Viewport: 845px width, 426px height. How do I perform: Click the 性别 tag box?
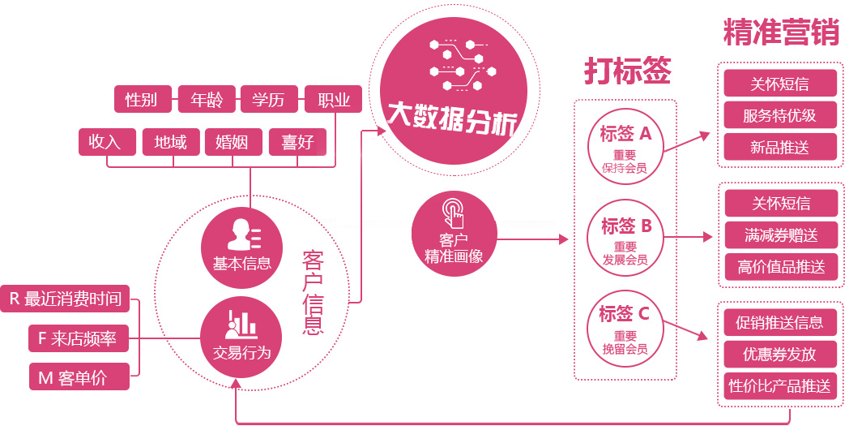142,100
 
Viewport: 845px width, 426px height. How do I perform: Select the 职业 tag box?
333,100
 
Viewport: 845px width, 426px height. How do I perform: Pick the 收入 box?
105,143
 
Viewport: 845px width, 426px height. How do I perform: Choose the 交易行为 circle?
241,337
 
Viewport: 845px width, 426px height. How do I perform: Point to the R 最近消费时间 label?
65,299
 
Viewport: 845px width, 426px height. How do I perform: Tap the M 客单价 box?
79,377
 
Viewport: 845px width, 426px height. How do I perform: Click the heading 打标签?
627,71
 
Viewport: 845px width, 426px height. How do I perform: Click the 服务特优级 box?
779,115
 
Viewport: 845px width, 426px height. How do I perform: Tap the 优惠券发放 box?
780,355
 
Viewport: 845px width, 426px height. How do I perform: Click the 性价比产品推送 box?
780,386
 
